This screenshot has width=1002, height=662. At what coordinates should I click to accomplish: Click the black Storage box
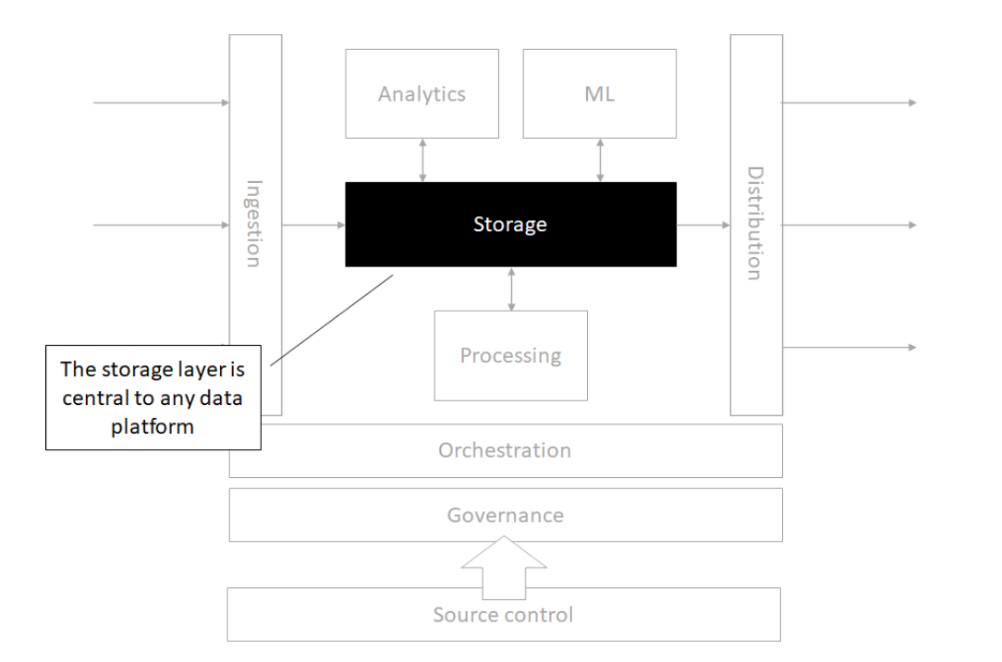[x=510, y=225]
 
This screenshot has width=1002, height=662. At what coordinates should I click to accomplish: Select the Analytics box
[x=422, y=93]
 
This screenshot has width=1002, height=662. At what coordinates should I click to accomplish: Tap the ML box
[x=599, y=93]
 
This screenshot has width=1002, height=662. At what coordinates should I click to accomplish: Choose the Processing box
[x=510, y=355]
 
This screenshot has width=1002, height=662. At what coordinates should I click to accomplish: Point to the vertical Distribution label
[x=755, y=224]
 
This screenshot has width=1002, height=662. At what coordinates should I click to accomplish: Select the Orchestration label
[x=505, y=450]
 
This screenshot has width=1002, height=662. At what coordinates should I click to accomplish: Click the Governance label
[x=505, y=515]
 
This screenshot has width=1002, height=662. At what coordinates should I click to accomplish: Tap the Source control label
[x=505, y=614]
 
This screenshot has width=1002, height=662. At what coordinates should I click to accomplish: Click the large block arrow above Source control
[x=505, y=565]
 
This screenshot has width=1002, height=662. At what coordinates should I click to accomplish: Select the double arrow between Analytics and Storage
[x=422, y=160]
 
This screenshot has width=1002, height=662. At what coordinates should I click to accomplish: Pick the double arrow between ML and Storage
[x=601, y=160]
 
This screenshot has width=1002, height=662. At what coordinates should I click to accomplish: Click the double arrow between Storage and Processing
[x=510, y=288]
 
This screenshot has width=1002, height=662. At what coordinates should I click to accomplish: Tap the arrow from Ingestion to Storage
[x=313, y=225]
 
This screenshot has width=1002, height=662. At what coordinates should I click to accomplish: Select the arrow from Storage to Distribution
[x=703, y=225]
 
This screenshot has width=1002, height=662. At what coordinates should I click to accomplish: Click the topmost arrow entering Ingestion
[x=161, y=103]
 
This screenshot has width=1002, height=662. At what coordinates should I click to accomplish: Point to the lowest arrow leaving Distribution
[x=849, y=348]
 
